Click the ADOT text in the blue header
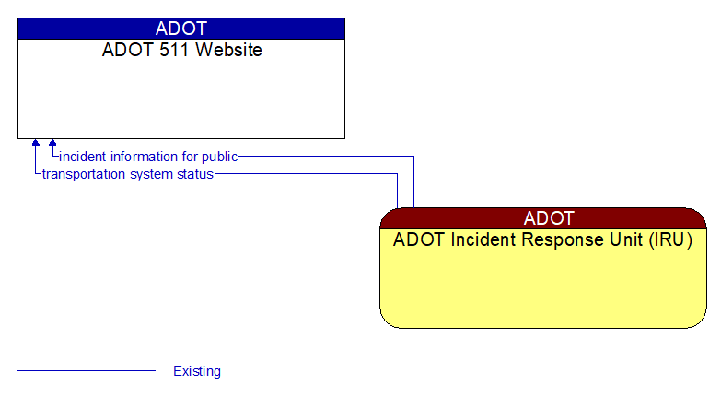tap(181, 29)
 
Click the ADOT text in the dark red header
tap(549, 218)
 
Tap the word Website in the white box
tap(225, 50)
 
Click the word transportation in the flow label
tap(83, 174)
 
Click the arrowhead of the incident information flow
tap(52, 144)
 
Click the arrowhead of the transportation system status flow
tap(36, 144)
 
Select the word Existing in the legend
tap(197, 371)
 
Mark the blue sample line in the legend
tap(87, 371)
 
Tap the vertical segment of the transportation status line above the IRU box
tap(398, 191)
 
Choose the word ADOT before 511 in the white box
tap(122, 50)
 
